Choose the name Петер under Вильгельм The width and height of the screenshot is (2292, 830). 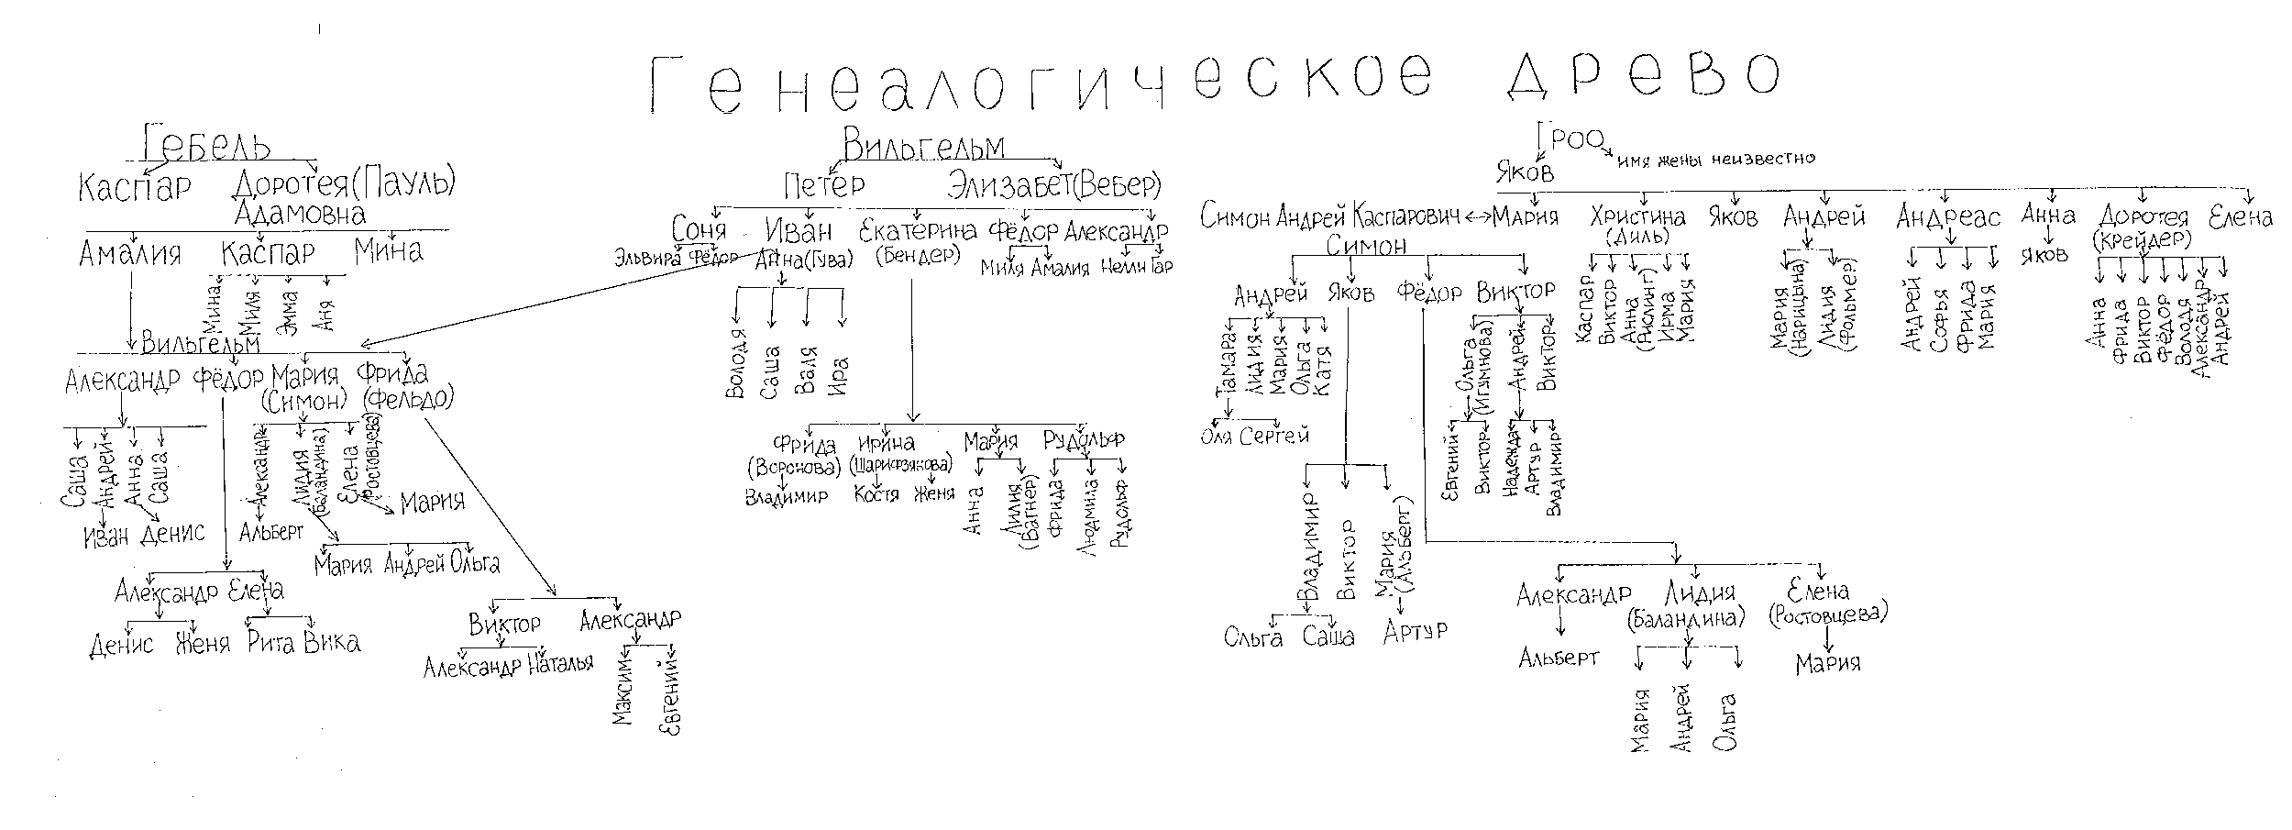(824, 185)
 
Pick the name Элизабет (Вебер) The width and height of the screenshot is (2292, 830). (1054, 185)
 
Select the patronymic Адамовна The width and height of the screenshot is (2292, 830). (300, 214)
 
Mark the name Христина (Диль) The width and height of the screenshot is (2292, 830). (1638, 226)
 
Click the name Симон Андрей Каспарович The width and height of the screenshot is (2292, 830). (1329, 218)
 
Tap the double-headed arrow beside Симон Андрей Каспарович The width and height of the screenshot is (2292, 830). (1475, 218)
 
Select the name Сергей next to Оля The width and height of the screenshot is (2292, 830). (1274, 437)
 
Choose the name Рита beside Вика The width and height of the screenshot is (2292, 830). (270, 642)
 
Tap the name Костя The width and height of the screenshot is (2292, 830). (876, 495)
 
